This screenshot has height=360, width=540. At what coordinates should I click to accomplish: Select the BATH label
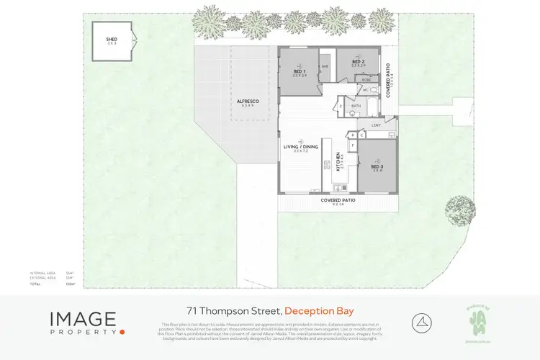(356, 107)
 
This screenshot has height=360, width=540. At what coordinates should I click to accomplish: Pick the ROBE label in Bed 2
(366, 79)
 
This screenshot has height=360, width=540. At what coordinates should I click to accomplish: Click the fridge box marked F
(352, 144)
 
